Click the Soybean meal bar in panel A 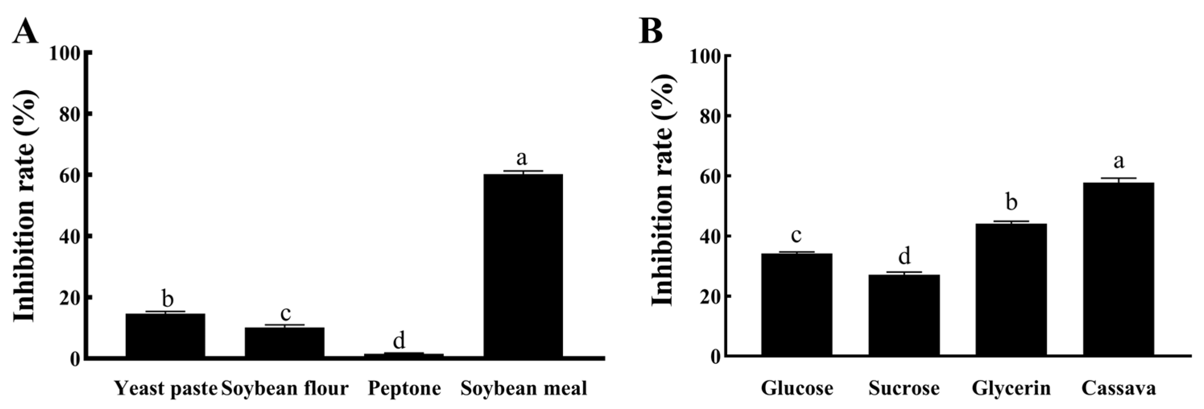point(523,266)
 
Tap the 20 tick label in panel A point(70,298)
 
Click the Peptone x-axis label point(404,388)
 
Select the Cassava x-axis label point(1118,388)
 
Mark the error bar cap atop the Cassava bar point(1118,178)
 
